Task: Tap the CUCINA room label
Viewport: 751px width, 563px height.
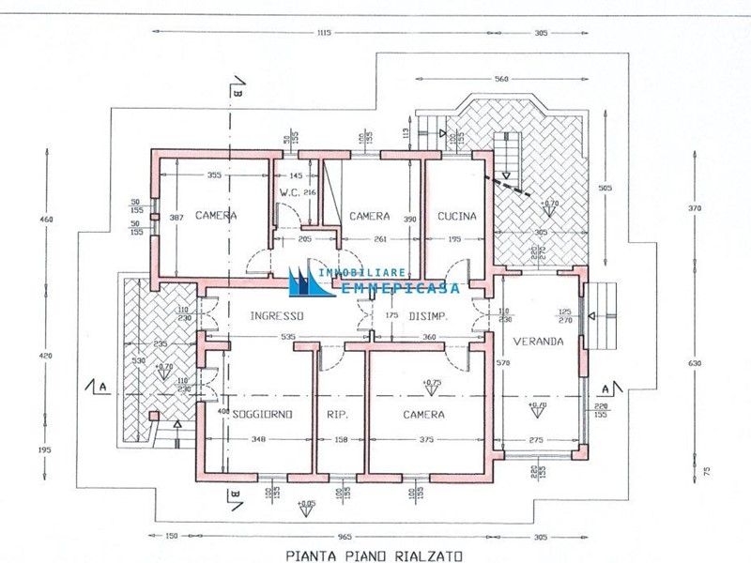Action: pos(457,216)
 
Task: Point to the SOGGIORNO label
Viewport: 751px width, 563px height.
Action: pos(263,414)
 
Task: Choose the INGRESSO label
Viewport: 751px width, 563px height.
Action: pos(277,316)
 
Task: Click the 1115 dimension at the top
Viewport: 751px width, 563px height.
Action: pos(324,33)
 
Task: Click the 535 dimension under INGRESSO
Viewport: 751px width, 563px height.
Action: pos(289,335)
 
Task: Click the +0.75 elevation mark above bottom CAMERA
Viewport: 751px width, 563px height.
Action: pos(432,383)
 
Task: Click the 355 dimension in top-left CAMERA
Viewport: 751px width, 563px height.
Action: pos(214,175)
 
